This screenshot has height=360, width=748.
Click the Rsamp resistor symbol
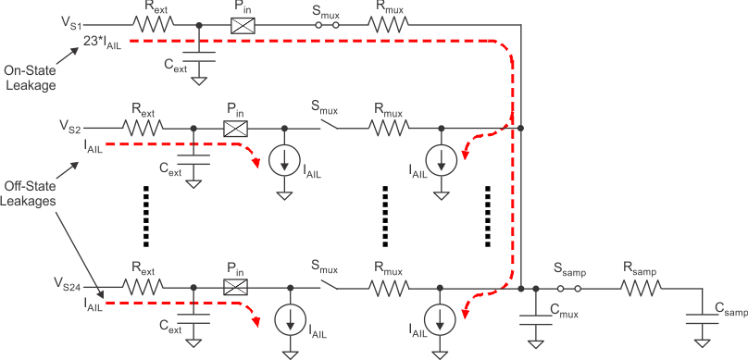click(x=639, y=289)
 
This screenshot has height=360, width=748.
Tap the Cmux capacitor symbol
click(x=535, y=319)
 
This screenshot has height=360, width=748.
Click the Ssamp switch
click(x=569, y=289)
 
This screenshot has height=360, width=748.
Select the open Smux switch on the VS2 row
click(x=323, y=127)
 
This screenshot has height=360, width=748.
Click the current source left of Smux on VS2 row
click(x=285, y=160)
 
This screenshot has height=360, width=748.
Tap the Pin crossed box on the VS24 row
click(x=237, y=289)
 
